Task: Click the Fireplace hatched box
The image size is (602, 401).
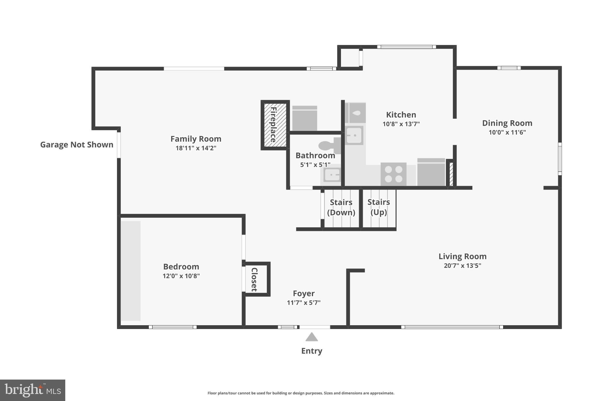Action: coord(275,125)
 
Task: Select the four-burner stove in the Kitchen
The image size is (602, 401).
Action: coord(393,174)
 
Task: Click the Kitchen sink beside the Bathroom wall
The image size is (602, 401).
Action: coord(354,135)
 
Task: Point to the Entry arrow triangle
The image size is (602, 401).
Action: coord(312,337)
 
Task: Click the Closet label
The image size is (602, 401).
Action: coord(254,279)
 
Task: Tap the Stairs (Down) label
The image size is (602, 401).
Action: coord(341,207)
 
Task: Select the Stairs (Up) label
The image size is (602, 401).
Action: coord(379,207)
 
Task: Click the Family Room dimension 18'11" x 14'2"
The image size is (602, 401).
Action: coord(196,148)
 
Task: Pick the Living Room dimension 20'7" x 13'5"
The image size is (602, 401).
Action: coord(462,266)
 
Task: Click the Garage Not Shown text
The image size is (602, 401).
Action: coord(76,145)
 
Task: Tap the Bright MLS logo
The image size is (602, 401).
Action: coord(32,390)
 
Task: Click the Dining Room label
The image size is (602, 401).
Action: coord(507,123)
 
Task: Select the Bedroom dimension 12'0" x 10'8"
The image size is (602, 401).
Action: coord(181,276)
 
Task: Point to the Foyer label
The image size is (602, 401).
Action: coord(304,293)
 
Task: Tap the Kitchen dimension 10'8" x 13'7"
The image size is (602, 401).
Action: coord(401,124)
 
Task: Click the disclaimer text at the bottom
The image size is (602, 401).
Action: coord(301,393)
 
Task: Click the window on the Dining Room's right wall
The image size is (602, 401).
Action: coord(560,159)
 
